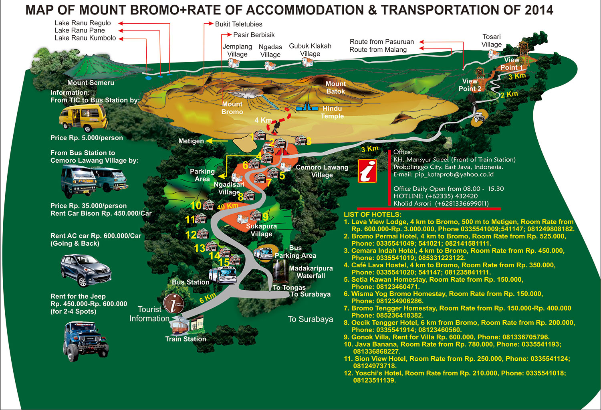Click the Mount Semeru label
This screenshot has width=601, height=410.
(91, 83)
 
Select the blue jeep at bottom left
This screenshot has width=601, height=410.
(85, 341)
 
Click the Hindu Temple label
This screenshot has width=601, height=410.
(332, 112)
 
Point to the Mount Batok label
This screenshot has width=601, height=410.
(335, 88)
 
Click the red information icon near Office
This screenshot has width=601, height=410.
(367, 171)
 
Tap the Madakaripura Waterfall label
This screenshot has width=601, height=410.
(311, 272)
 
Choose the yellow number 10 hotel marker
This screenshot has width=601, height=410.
(196, 206)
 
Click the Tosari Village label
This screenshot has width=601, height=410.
(492, 40)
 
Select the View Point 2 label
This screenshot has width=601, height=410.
(470, 85)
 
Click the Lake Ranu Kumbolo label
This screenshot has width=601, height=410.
(85, 38)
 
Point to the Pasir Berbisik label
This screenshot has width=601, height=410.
(254, 35)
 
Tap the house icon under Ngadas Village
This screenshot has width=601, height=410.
(270, 65)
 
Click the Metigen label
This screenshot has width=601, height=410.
(191, 141)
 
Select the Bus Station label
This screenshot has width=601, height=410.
(191, 282)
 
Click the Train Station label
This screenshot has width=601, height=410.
(186, 339)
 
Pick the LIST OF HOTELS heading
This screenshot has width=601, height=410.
(373, 214)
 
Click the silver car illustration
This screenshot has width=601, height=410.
(86, 271)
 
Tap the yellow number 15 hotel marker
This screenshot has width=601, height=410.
(224, 263)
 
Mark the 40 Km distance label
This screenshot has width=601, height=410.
(228, 206)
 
